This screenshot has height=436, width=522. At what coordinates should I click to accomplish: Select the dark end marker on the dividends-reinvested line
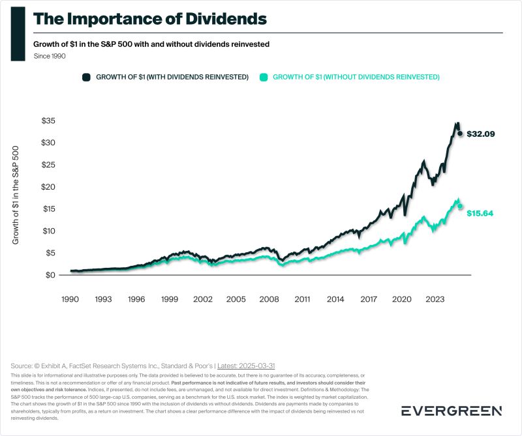(x=460, y=134)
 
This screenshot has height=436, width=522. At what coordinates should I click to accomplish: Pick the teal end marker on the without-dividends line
(x=460, y=206)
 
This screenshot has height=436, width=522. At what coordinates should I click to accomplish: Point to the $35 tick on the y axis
(x=48, y=121)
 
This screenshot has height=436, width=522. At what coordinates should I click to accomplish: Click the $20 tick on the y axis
(x=48, y=187)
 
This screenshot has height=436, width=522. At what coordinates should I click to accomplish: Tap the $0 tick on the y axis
(x=51, y=275)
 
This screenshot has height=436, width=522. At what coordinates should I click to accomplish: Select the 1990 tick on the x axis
(x=70, y=299)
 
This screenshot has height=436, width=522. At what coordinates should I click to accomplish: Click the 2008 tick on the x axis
(x=269, y=299)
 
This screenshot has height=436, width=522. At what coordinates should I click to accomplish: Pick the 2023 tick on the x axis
(x=435, y=299)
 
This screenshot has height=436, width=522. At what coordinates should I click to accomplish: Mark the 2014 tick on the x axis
(x=335, y=299)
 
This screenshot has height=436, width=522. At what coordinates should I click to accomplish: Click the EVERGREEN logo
(x=451, y=411)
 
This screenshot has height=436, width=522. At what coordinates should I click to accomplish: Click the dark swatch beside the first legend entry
(x=86, y=77)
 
